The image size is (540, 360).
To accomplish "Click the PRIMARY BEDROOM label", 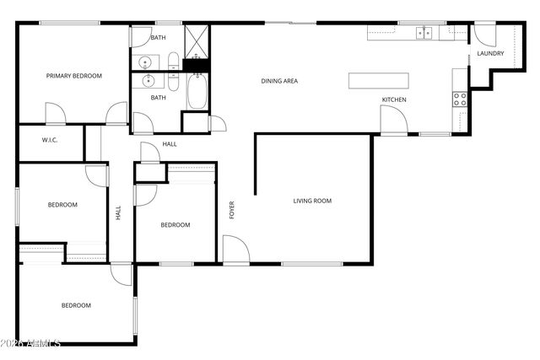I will point(73,76).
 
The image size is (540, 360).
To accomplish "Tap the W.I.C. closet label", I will point(50,140).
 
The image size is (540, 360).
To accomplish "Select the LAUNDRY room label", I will point(490,54).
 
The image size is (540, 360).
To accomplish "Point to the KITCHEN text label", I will point(394,100).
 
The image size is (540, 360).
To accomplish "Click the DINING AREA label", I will point(279,81).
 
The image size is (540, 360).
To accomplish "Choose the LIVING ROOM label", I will point(312,201).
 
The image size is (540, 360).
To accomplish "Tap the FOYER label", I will point(232,210).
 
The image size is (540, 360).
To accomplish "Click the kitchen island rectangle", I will point(379,80).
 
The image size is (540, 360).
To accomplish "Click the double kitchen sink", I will point(424,34).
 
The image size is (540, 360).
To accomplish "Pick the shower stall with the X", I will point(196,40).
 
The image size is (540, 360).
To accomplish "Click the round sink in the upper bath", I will point(145,62).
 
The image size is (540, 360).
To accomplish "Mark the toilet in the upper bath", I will point(173,62).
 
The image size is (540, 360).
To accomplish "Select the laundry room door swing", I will point(485,34).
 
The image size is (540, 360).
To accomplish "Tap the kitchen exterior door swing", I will point(393,120).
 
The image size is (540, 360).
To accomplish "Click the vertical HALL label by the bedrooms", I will point(118,214).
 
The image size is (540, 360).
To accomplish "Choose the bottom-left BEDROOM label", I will point(76,305).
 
